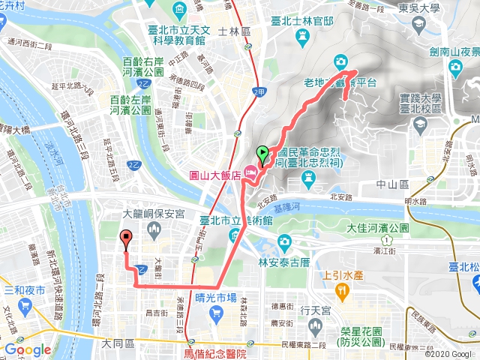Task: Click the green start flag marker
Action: (262, 155)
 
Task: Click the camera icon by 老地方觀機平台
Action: (340, 61)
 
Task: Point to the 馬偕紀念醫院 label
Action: (214, 349)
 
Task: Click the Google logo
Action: (27, 349)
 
